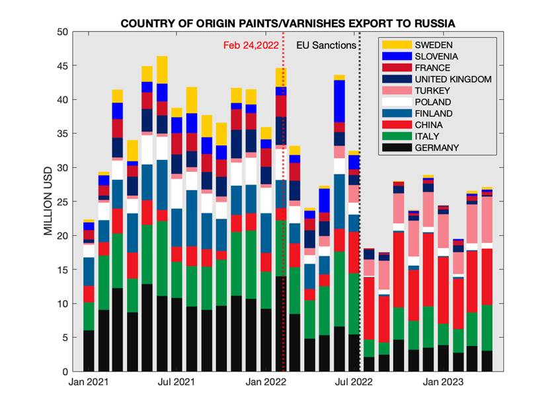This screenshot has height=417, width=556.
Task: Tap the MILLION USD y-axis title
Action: tap(48, 202)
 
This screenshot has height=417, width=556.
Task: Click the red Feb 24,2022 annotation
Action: tap(251, 45)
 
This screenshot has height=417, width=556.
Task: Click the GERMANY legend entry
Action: tap(437, 147)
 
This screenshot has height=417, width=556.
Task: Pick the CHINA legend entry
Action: tap(430, 125)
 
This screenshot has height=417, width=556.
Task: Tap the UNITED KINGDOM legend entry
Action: tap(453, 79)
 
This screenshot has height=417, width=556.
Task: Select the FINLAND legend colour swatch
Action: tap(395, 114)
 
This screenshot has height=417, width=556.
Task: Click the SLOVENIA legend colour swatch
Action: tap(395, 56)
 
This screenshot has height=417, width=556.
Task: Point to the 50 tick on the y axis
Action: tap(63, 32)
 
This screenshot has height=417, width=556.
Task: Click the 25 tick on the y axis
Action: tap(63, 202)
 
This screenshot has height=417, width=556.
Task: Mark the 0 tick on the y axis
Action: tap(66, 371)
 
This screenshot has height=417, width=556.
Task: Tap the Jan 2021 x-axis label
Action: tap(89, 382)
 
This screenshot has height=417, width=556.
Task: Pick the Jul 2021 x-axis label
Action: tap(178, 382)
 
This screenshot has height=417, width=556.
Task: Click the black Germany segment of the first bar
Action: tap(89, 351)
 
